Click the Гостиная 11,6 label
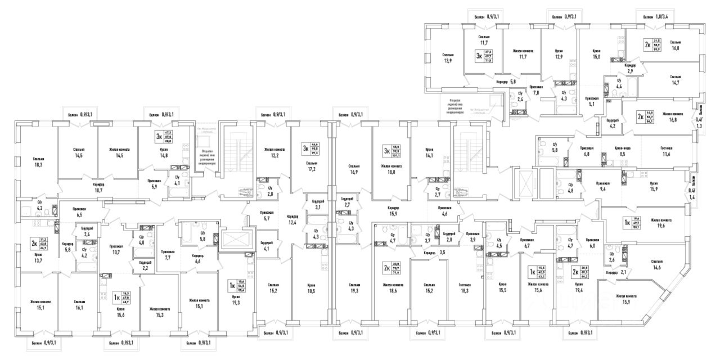click(x=667, y=152)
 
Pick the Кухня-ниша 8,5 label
click(x=622, y=152)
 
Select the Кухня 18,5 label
click(x=311, y=289)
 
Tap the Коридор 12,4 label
click(x=292, y=219)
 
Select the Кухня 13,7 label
click(x=38, y=257)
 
